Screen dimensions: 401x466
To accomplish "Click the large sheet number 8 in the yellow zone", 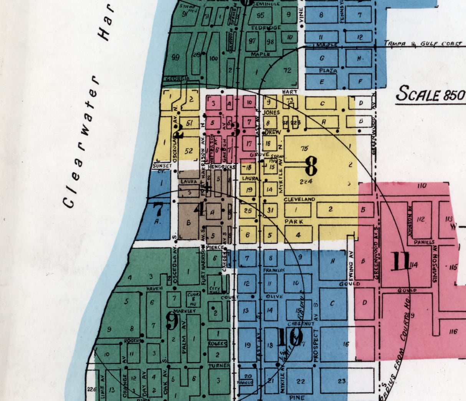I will (311, 167).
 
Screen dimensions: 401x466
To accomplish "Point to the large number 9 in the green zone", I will (172, 320).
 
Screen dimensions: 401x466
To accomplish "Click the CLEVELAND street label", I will (299, 200).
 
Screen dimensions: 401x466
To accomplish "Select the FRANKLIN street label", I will (273, 271).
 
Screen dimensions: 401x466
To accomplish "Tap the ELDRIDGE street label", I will (266, 28).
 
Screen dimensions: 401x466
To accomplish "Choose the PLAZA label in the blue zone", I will (328, 71).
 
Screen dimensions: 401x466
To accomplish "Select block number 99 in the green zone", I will (175, 58).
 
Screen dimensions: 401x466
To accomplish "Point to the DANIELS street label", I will (424, 243).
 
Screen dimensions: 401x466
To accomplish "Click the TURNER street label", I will (219, 366).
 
